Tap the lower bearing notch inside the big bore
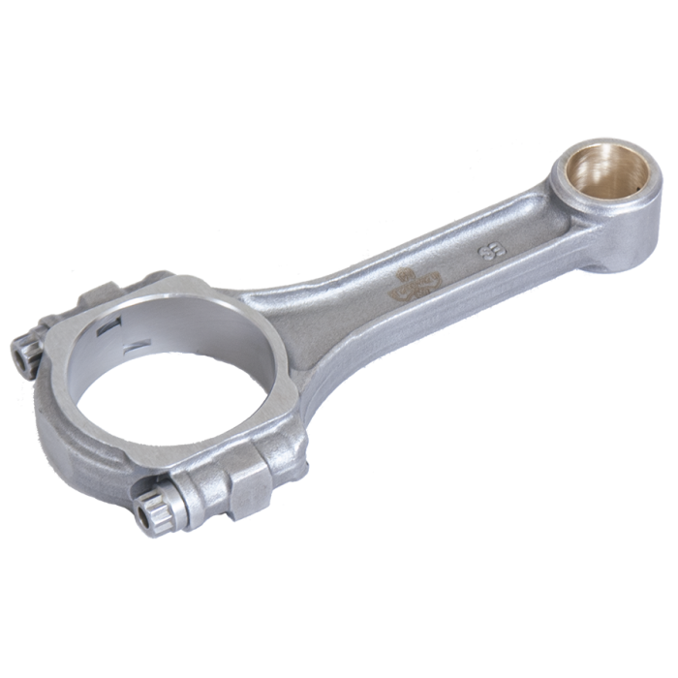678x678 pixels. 137,341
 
